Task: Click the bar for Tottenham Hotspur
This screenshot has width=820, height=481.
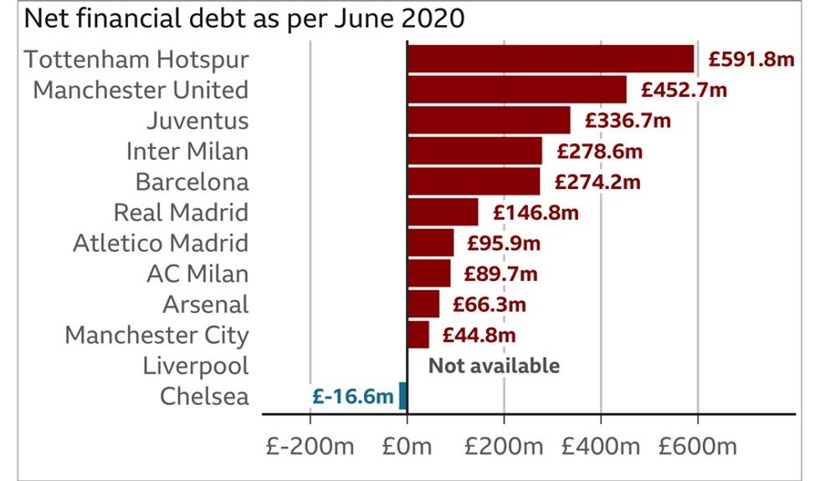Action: pyautogui.click(x=551, y=59)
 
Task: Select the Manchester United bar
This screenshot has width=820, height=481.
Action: pyautogui.click(x=517, y=90)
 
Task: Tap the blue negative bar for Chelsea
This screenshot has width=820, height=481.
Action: pyautogui.click(x=402, y=396)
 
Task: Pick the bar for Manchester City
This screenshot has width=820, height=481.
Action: pyautogui.click(x=418, y=335)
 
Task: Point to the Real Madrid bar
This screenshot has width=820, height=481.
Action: pyautogui.click(x=443, y=212)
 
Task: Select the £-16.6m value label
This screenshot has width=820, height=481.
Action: pyautogui.click(x=351, y=397)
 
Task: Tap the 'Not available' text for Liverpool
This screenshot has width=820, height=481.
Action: pyautogui.click(x=494, y=366)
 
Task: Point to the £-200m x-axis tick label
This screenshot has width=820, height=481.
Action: pyautogui.click(x=309, y=445)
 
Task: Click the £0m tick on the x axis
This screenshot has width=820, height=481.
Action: pyautogui.click(x=407, y=445)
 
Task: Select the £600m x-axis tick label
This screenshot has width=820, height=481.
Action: pyautogui.click(x=698, y=445)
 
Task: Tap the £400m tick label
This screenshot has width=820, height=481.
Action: pyautogui.click(x=601, y=445)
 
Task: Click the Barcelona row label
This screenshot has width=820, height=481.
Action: pyautogui.click(x=192, y=182)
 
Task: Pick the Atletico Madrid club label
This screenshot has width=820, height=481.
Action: pyautogui.click(x=161, y=243)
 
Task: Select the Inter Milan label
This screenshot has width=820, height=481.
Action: pyautogui.click(x=187, y=151)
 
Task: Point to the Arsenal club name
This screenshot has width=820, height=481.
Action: pyautogui.click(x=206, y=304)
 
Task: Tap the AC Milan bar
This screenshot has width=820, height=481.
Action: pyautogui.click(x=429, y=274)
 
